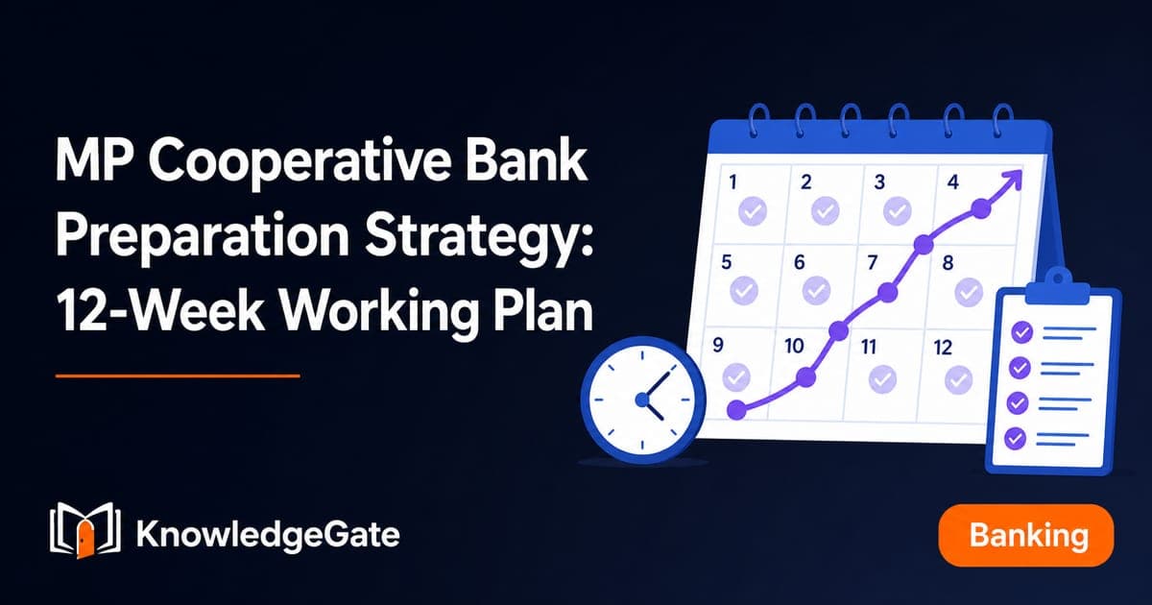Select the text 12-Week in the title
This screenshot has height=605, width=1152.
coord(160,310)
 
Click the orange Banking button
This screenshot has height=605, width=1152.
coord(1026,535)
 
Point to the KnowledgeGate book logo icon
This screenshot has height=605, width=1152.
coord(85,530)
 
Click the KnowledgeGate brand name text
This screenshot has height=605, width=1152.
coord(268,535)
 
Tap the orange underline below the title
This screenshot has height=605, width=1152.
coord(178,376)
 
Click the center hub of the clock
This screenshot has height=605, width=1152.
coord(643,399)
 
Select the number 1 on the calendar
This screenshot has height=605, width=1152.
coord(732,181)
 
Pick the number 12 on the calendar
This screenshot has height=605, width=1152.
coord(943,348)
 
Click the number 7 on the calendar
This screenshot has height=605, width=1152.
coord(873,263)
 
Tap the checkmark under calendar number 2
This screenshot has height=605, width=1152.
coord(826,210)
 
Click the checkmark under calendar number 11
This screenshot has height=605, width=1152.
coord(882,379)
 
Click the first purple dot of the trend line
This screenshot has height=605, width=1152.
coord(736,409)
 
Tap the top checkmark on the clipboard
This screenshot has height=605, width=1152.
coord(1021,332)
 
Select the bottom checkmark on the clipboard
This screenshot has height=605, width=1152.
coord(1016,438)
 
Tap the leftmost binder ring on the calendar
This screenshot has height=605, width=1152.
coord(759,121)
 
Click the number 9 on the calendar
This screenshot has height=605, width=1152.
coord(718,345)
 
